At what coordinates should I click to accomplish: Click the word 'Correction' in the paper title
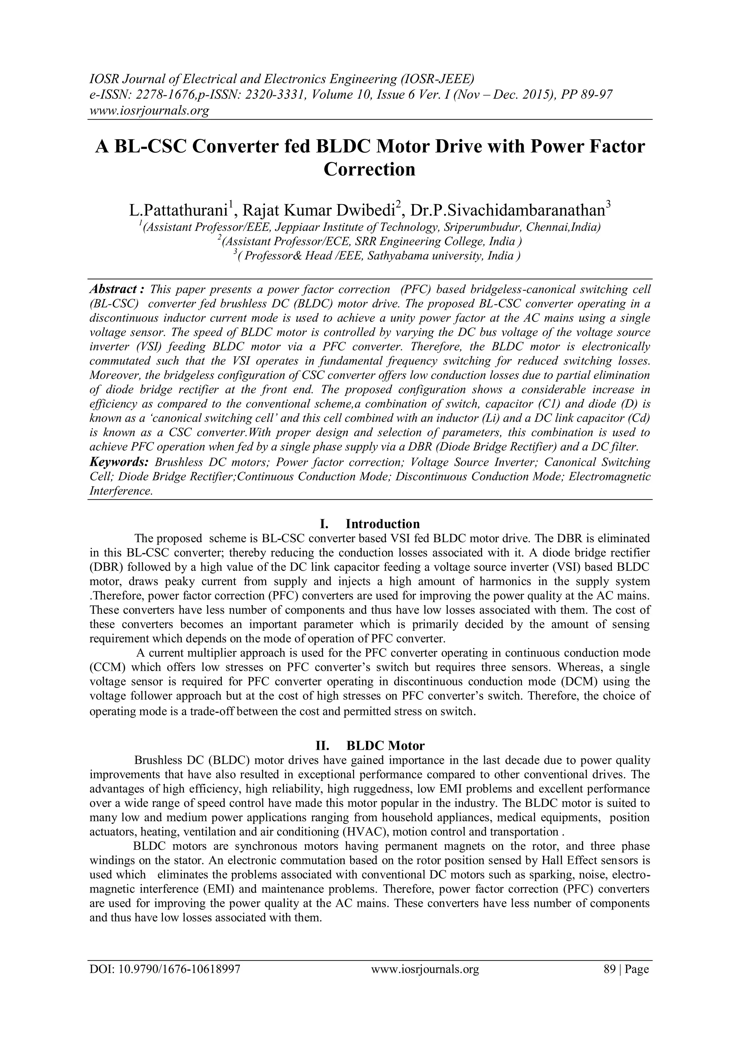[370, 170]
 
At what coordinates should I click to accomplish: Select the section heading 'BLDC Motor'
[386, 746]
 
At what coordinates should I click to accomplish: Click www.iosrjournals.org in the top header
[149, 110]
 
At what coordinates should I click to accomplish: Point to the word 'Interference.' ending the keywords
[121, 491]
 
